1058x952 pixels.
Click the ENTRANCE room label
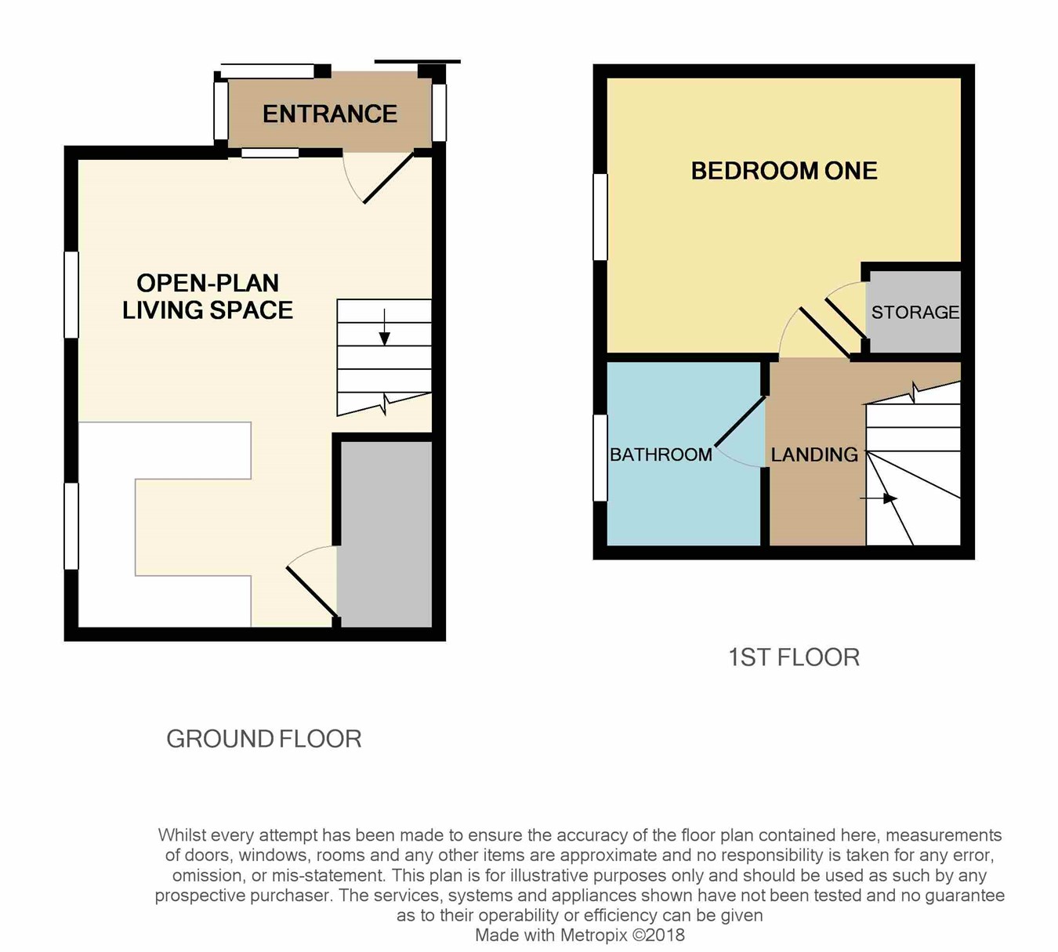330,114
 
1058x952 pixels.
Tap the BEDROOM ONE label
784,171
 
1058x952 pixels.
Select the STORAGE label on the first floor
915,312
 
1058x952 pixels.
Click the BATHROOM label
661,454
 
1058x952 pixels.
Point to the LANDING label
814,454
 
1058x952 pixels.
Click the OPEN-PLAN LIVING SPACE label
208,296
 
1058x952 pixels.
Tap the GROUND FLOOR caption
263,739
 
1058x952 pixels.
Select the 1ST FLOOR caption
794,657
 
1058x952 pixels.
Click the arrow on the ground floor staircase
385,328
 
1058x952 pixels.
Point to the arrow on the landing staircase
879,498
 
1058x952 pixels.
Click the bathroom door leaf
740,422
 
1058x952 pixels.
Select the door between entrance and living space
389,178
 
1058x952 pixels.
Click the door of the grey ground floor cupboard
312,592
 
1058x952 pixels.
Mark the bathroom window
600,458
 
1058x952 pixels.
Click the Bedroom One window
600,217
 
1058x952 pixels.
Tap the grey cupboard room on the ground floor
385,534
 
